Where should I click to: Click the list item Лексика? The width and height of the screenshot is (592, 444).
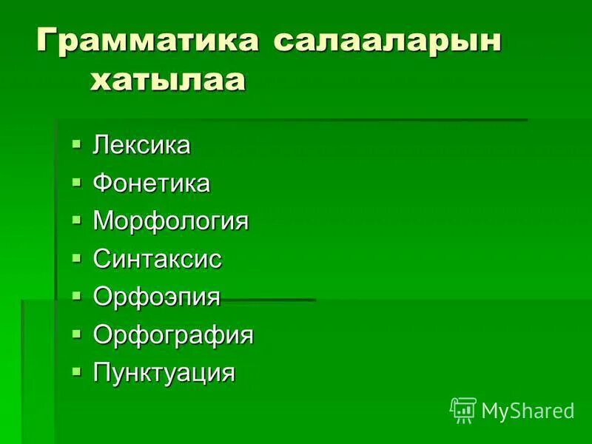click(x=141, y=145)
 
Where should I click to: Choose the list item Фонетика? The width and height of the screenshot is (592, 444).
click(x=152, y=183)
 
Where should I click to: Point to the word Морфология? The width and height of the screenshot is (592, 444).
click(x=171, y=221)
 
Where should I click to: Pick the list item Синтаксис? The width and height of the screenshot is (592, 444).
click(x=158, y=259)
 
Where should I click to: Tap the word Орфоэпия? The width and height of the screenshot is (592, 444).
click(x=157, y=297)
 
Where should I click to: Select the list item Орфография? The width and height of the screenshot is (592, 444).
click(x=173, y=335)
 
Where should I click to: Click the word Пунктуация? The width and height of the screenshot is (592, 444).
click(x=164, y=373)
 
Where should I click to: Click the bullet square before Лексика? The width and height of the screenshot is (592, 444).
click(x=76, y=143)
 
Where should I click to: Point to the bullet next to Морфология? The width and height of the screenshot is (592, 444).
click(x=76, y=219)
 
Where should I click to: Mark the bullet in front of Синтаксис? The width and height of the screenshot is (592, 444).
click(x=76, y=257)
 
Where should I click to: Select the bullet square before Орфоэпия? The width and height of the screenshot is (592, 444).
click(x=76, y=295)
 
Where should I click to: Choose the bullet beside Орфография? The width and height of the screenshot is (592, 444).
click(x=76, y=333)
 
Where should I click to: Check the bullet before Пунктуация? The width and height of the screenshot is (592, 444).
click(x=76, y=371)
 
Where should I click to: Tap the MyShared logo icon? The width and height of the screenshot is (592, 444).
click(x=463, y=410)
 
